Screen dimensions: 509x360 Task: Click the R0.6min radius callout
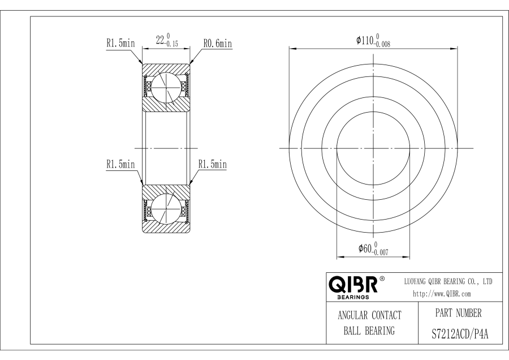[x=218, y=43]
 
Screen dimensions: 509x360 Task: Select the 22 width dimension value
[x=160, y=41]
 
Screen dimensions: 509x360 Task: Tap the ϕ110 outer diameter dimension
[x=373, y=41]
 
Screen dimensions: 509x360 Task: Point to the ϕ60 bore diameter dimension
[x=373, y=248]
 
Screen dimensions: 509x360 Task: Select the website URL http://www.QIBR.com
[x=442, y=294]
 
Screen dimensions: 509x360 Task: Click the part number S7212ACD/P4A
[x=460, y=334]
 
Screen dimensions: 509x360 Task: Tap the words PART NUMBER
[x=458, y=313]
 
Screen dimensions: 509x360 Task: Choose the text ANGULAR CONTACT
[x=369, y=315]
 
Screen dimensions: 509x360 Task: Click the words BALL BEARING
[x=369, y=331]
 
